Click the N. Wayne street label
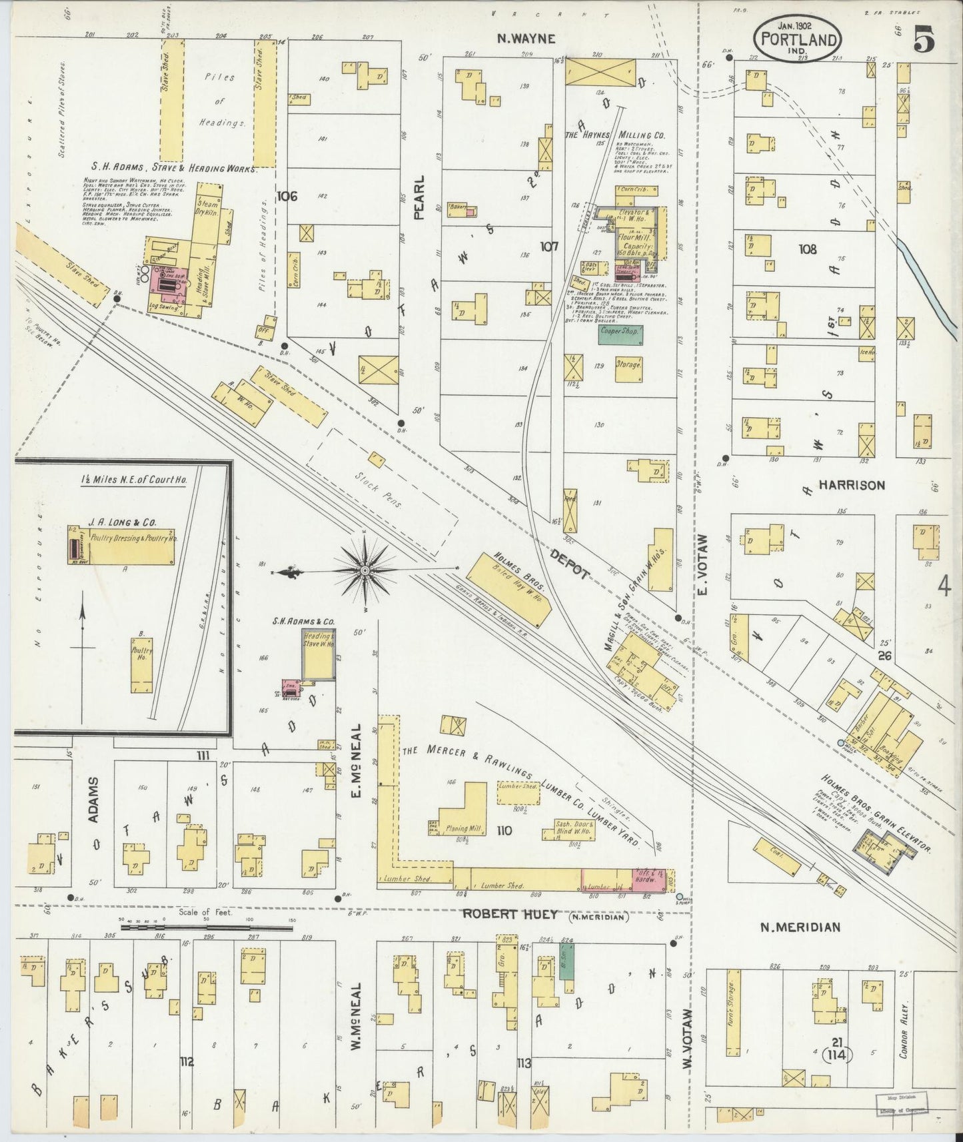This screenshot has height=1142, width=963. coord(526,39)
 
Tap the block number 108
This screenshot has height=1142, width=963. coord(808,250)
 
